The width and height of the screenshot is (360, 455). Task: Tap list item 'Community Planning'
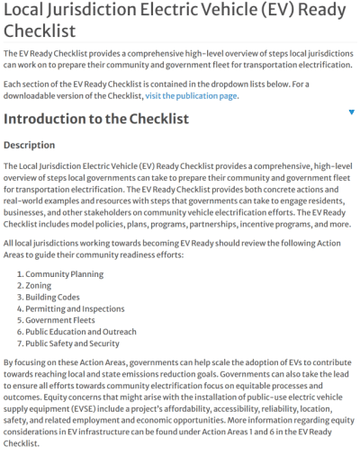[65, 272]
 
